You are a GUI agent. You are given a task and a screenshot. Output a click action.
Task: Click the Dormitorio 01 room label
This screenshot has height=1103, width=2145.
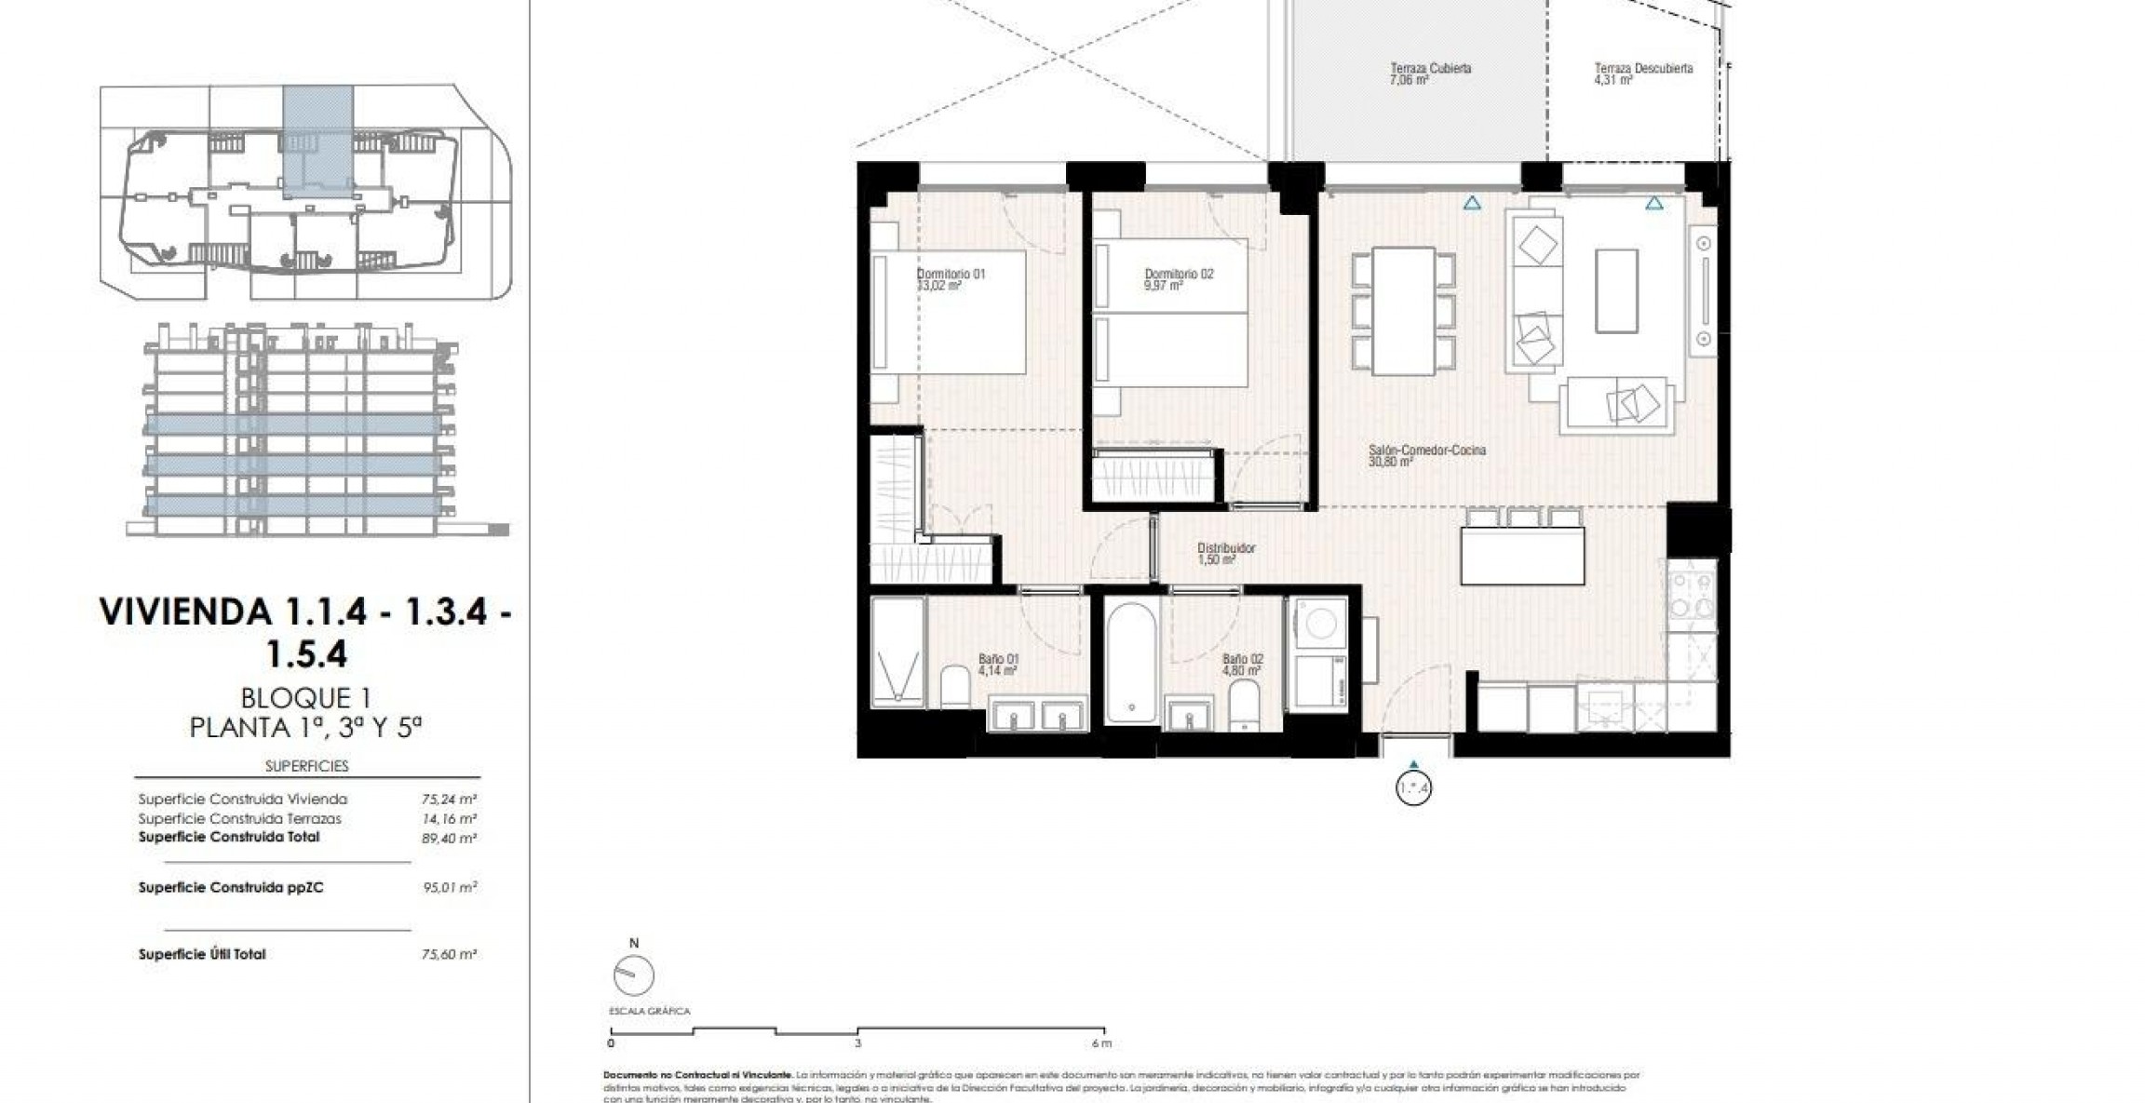click(951, 275)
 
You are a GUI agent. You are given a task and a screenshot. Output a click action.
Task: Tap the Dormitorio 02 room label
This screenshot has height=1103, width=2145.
click(1179, 275)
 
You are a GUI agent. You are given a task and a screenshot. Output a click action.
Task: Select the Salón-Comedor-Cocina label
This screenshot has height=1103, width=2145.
click(1426, 451)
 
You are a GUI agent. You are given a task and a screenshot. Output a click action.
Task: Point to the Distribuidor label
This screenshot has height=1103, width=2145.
click(1225, 549)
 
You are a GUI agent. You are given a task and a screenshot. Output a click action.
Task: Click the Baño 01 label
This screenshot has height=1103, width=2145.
click(998, 660)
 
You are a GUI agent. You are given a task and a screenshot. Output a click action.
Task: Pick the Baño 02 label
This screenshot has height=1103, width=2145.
click(1242, 660)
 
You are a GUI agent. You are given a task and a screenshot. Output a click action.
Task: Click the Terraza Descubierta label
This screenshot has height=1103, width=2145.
click(1642, 69)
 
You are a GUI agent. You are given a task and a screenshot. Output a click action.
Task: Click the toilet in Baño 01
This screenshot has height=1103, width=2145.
click(955, 687)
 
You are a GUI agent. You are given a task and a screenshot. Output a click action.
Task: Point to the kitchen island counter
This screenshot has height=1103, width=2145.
click(1522, 556)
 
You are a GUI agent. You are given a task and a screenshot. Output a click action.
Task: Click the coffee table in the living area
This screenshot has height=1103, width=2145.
click(1616, 290)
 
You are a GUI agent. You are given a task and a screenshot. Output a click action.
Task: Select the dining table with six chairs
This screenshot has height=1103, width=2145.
click(1403, 311)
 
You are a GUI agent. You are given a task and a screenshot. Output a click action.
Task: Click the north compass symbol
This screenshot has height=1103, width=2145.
click(634, 975)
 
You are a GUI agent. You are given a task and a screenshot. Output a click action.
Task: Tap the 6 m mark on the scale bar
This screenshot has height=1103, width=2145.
click(1101, 1043)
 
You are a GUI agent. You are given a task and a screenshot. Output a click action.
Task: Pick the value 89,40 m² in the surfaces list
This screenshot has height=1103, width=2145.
click(450, 838)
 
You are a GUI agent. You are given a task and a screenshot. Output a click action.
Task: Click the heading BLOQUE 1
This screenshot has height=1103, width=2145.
click(306, 697)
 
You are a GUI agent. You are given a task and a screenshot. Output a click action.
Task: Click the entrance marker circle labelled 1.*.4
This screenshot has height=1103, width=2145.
click(1413, 788)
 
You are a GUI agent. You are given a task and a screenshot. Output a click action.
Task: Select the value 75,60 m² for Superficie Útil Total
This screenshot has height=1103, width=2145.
click(450, 954)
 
